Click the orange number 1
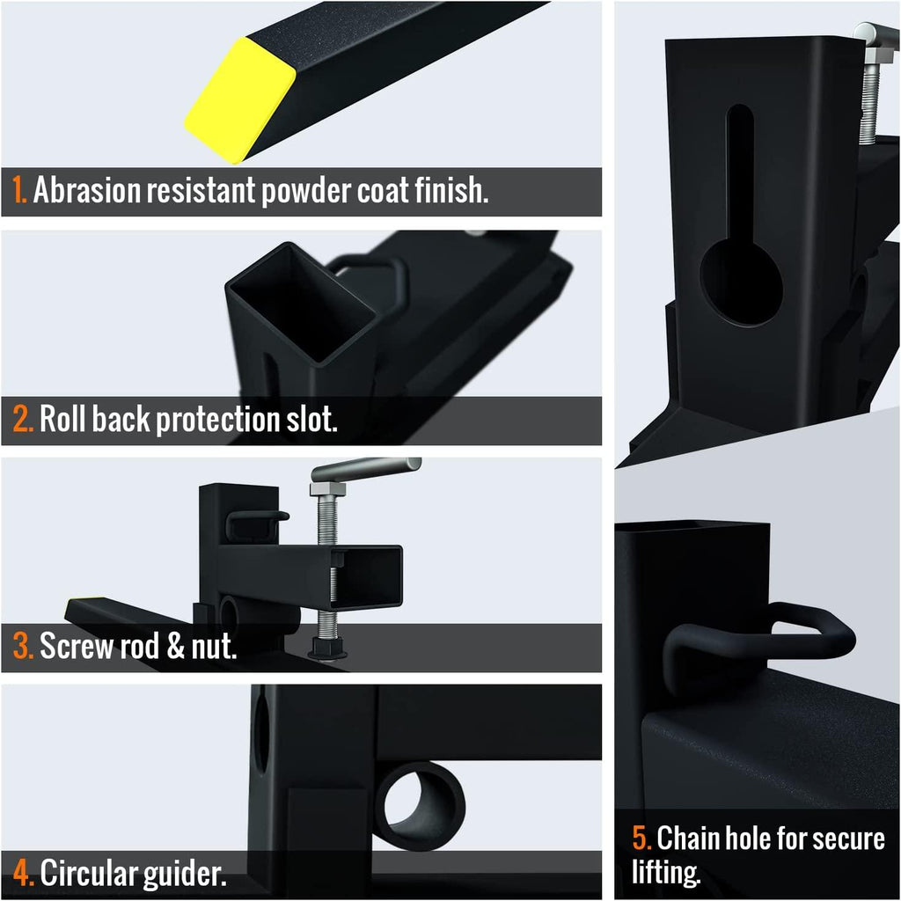(19, 190)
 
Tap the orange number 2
(23, 419)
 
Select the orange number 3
(23, 646)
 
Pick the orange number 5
(641, 838)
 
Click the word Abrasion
(87, 190)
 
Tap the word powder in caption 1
(306, 192)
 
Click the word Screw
(77, 646)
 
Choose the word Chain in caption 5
(688, 838)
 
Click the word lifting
(667, 873)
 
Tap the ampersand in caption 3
(175, 646)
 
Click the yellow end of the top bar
(240, 100)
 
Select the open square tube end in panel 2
(301, 303)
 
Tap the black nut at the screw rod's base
(327, 648)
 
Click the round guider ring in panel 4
(420, 806)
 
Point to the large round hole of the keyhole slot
(741, 283)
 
